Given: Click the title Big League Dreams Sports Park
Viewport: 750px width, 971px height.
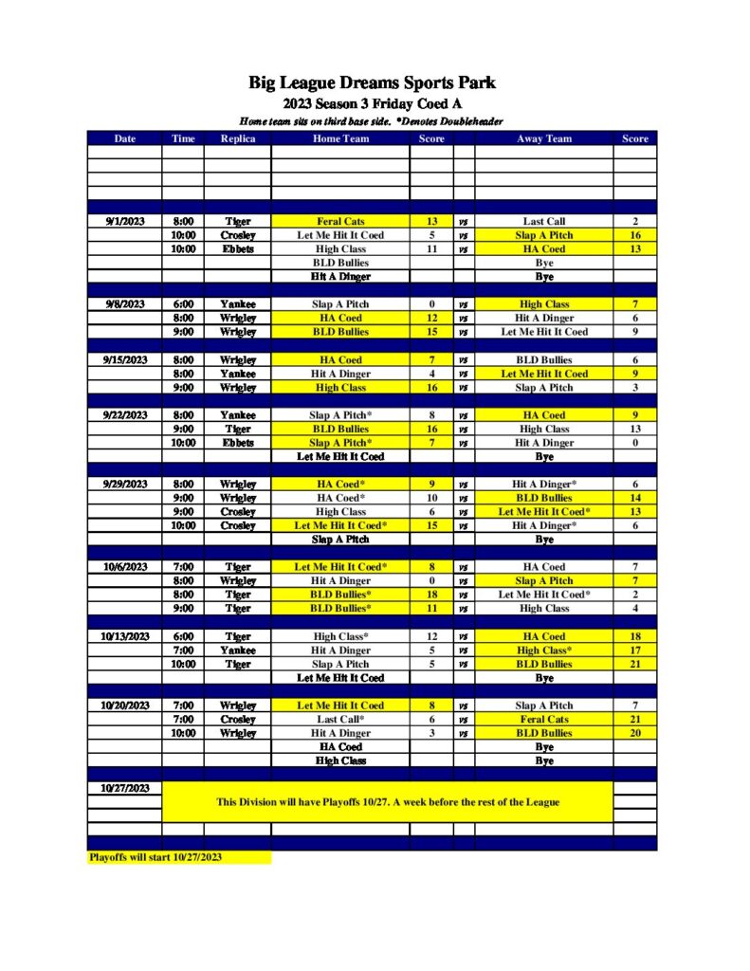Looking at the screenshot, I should coord(373,83).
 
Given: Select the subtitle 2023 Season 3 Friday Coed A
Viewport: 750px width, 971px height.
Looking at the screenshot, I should coord(373,103).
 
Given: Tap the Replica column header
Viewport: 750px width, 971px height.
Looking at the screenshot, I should coord(237,138).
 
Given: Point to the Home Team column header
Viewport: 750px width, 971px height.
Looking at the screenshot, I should coord(340,138).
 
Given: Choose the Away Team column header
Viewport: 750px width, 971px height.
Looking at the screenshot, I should coord(544,138).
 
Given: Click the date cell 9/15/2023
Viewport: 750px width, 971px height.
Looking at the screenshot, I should coord(124,360).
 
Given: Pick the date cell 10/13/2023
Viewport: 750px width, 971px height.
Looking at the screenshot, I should coord(124,636).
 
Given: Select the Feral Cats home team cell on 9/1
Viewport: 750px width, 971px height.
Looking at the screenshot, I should coord(340,222).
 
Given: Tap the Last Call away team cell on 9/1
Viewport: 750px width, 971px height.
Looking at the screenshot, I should coord(544,222).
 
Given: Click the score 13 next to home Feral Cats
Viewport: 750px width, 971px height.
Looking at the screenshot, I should coord(431,222).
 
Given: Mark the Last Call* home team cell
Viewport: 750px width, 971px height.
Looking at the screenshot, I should coord(340,720).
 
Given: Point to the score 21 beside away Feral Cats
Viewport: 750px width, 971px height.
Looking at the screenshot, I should coord(635,720).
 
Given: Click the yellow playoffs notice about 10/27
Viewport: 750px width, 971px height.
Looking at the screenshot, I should coord(387,802).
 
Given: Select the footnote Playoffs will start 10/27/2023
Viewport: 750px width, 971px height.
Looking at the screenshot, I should coord(155,857).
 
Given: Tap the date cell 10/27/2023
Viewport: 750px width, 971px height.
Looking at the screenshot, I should coord(124,788).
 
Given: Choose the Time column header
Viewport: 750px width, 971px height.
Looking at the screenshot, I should coord(183,138).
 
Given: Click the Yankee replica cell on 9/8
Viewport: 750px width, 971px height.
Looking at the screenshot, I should coord(237,304).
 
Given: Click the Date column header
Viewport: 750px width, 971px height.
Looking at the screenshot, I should coord(124,138).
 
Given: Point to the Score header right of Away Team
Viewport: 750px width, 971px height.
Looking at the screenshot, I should coord(635,138).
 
